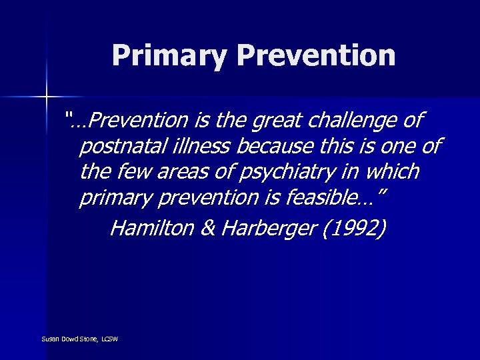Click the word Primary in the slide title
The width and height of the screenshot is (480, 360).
point(170,55)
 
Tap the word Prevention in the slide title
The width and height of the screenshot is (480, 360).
point(316,55)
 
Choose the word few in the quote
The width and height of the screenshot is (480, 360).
point(131,171)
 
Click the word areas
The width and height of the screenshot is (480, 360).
point(176,172)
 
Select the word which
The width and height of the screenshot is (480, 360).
point(389,171)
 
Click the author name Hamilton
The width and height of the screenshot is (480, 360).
point(151,228)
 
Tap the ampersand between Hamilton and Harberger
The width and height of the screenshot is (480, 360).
point(207,228)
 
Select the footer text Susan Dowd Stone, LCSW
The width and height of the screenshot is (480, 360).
point(79,339)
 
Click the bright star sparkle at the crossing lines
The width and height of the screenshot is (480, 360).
point(46,97)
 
